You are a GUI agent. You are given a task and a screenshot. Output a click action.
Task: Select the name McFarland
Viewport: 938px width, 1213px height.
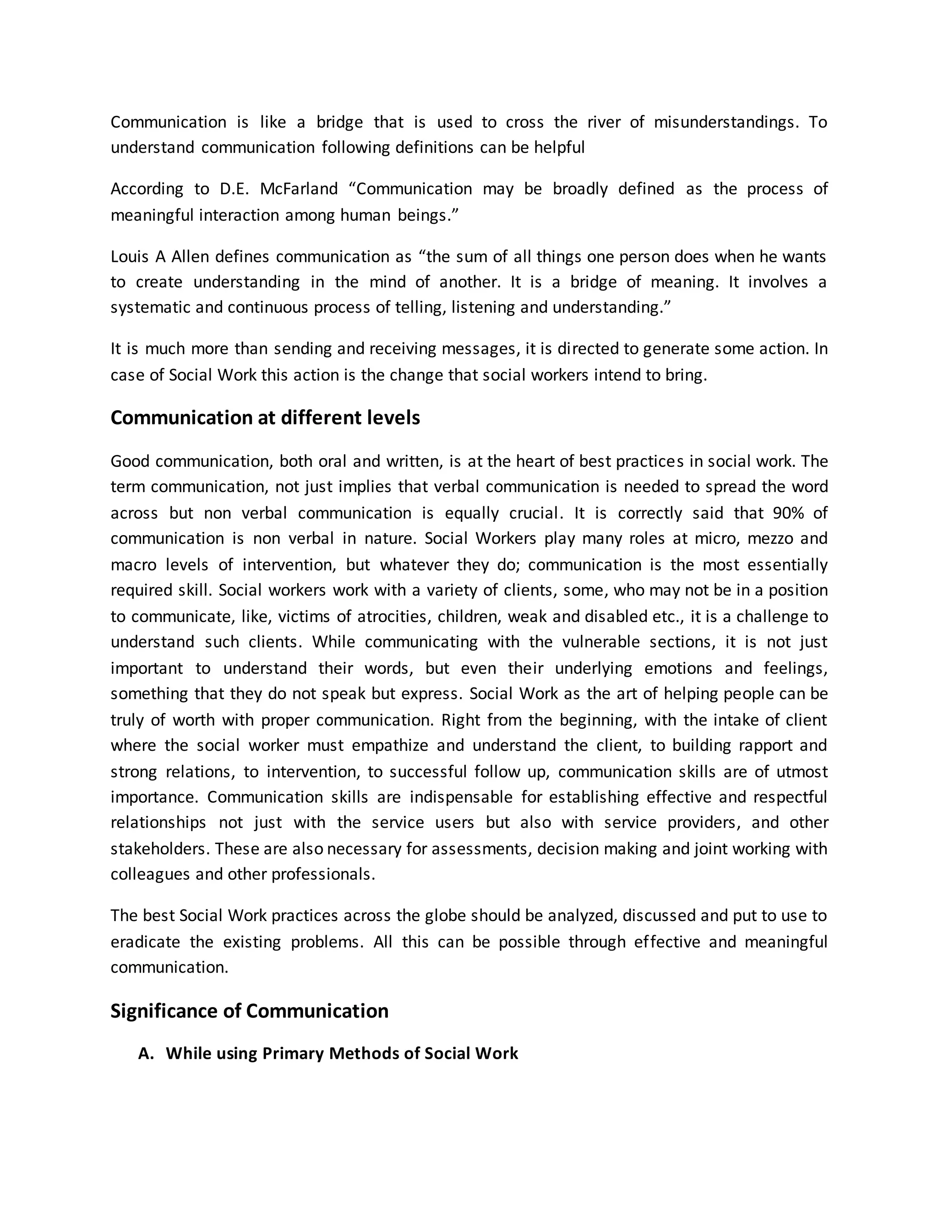pyautogui.click(x=299, y=189)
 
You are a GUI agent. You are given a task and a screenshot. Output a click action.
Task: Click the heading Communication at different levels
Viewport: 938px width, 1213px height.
pyautogui.click(x=265, y=417)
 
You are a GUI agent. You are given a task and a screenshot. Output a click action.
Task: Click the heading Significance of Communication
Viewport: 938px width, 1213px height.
pyautogui.click(x=250, y=1011)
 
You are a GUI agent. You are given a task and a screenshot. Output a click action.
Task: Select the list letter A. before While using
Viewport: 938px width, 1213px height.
pyautogui.click(x=146, y=1054)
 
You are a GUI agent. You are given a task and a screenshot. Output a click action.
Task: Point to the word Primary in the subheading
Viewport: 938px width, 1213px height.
pyautogui.click(x=292, y=1054)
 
